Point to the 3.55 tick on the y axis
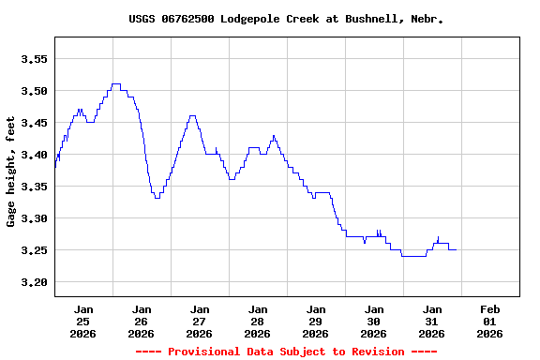(x=34, y=59)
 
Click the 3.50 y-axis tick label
(x=34, y=91)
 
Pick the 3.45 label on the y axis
(x=34, y=123)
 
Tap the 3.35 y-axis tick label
(x=34, y=187)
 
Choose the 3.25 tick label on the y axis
(x=34, y=250)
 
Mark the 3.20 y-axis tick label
(x=34, y=282)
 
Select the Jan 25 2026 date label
(x=83, y=321)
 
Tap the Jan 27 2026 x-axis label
(x=199, y=321)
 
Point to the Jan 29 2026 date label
(x=315, y=321)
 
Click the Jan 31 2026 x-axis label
(x=431, y=321)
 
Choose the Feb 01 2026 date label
(x=489, y=321)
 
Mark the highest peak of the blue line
(x=115, y=84)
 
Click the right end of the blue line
(x=456, y=250)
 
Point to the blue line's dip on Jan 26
(x=157, y=198)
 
